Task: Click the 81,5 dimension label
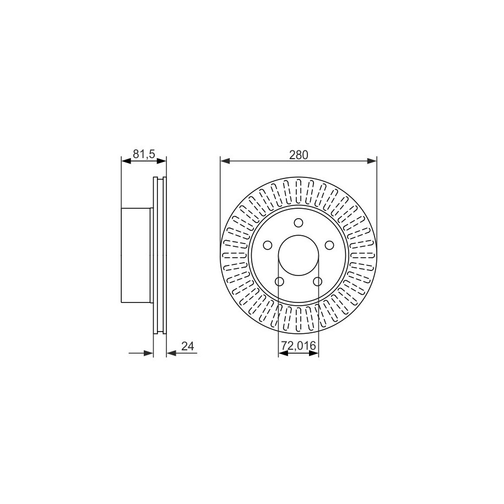point(144,154)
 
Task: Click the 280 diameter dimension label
point(299,155)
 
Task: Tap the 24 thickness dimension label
point(188,346)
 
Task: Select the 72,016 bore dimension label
point(299,346)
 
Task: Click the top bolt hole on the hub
point(299,223)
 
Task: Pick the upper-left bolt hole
point(268,245)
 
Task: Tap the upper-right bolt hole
point(329,245)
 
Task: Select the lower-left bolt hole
point(280,281)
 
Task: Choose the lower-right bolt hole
point(318,281)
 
